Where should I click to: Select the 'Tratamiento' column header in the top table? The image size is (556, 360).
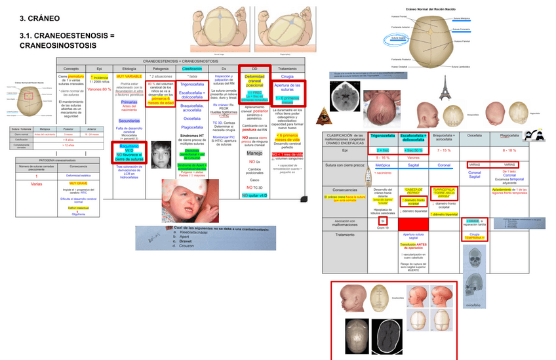[x=287, y=68]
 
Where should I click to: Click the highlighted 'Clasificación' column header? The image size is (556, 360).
[x=191, y=68]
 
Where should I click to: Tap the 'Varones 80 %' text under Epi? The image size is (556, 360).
[x=99, y=89]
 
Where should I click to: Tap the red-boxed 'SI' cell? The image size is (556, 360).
[x=383, y=220]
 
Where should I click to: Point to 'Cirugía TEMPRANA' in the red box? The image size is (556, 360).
[x=475, y=235]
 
